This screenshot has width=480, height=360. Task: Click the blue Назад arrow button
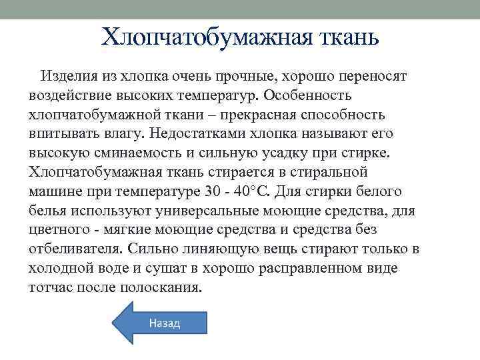click(160, 323)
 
